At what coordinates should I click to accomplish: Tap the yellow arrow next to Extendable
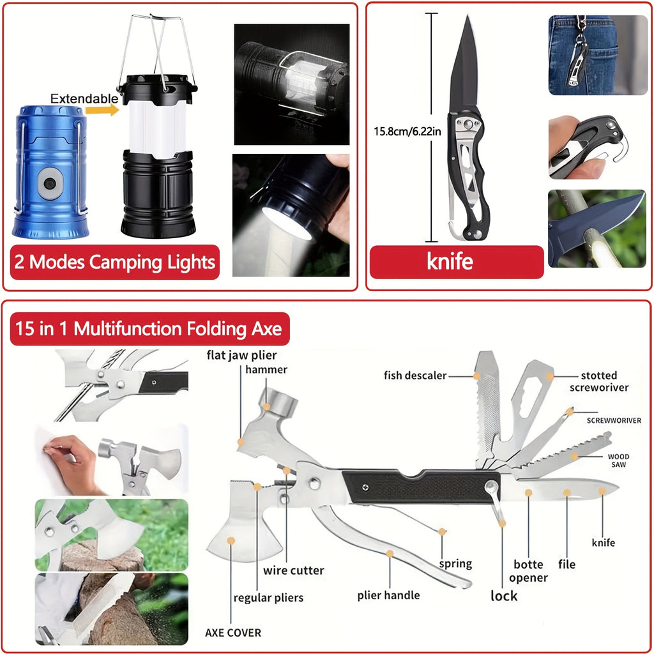coord(105,110)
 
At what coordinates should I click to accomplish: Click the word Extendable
coord(84,98)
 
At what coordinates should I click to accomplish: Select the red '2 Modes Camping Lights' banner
coord(115,262)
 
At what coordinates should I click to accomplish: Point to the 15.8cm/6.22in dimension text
coord(406,132)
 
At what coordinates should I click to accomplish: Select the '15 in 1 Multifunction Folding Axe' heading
coord(149,329)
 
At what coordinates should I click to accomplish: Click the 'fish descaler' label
coord(415,375)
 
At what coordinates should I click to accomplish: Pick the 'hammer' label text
coord(266,369)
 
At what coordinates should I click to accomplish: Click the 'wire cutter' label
coord(293,570)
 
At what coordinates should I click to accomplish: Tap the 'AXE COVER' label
coord(233,633)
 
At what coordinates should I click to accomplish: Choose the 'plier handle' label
coord(388,595)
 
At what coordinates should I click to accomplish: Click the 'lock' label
coord(504,596)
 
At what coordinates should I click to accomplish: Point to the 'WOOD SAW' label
coord(618,460)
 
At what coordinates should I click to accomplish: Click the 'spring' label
coord(455,564)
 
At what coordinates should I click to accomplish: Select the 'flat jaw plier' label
coord(241,355)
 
